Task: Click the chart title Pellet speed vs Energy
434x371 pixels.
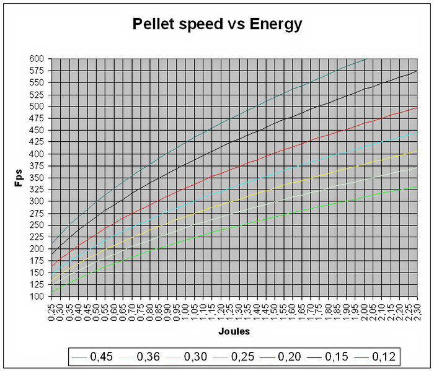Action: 217,25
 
